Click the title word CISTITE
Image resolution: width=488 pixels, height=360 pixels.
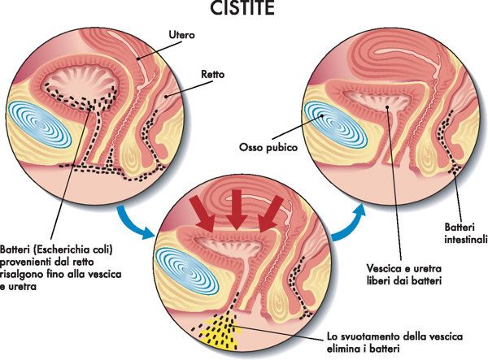click(242, 8)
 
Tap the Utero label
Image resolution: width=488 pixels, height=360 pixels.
click(181, 34)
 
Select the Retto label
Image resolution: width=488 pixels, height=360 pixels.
click(212, 75)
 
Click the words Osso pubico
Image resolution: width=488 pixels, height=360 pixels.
click(268, 147)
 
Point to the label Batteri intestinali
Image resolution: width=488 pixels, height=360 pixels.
click(465, 233)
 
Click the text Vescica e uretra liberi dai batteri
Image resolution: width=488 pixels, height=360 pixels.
click(404, 274)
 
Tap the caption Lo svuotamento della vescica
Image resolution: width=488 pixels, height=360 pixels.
click(394, 336)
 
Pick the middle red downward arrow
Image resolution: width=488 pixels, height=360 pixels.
click(237, 209)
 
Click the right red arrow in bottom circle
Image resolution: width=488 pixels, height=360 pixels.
click(270, 215)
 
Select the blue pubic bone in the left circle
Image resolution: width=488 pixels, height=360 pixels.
click(39, 124)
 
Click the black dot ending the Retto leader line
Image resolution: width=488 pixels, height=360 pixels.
click(166, 97)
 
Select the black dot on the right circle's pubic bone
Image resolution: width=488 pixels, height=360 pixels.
click(322, 115)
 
